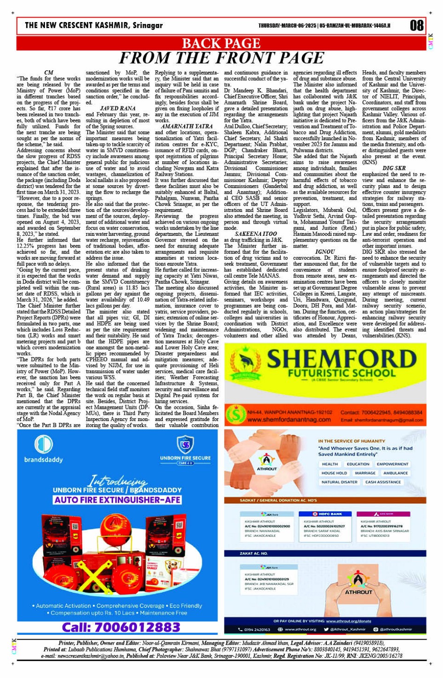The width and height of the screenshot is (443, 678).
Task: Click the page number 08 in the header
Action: point(416,25)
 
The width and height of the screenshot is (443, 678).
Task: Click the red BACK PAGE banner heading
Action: point(221,44)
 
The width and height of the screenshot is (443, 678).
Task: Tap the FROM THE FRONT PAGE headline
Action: point(221,58)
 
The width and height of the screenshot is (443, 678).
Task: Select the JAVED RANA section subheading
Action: point(117,108)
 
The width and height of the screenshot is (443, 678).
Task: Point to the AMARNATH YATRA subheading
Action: point(187,127)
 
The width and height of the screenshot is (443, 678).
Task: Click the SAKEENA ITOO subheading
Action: point(255,234)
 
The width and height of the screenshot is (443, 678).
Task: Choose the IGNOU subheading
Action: point(325,252)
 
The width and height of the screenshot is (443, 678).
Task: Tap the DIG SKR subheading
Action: point(394,168)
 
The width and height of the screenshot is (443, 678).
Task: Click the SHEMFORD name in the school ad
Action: point(341,360)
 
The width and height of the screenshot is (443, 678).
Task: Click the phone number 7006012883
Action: point(121,627)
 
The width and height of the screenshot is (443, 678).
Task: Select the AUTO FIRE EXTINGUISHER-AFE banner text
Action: point(117,500)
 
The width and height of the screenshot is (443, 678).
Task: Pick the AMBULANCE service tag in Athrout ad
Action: point(395,473)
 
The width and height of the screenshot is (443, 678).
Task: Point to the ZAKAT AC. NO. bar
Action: point(254,553)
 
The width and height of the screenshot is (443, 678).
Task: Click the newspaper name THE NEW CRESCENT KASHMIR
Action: point(94,25)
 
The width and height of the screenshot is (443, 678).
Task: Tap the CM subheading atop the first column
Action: point(48,73)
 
